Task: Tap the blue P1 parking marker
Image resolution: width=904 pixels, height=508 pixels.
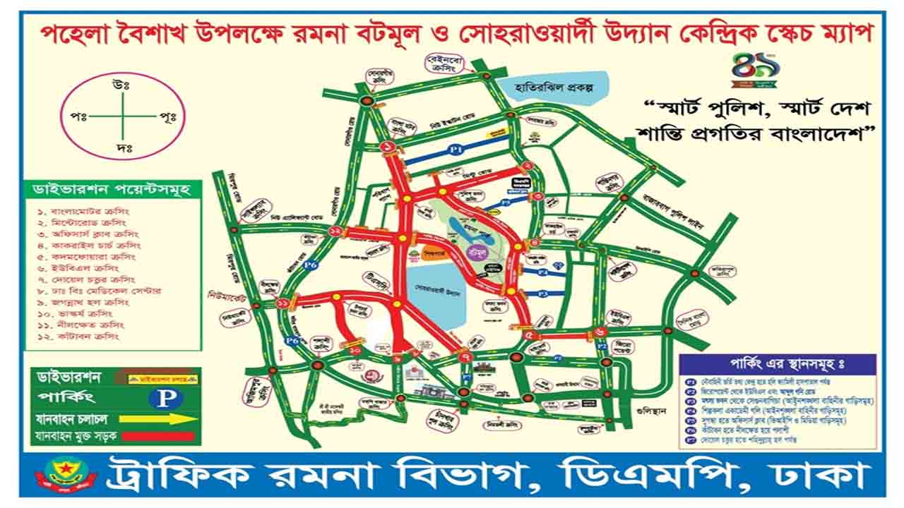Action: (x=456, y=150)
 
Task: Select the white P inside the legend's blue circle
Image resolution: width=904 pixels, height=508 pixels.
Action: (x=167, y=397)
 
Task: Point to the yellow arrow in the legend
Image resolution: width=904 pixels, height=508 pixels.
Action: (x=163, y=418)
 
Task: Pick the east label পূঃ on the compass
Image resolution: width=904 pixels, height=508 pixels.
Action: (x=167, y=115)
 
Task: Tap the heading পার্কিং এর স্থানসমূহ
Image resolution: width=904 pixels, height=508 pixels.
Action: (x=777, y=364)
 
